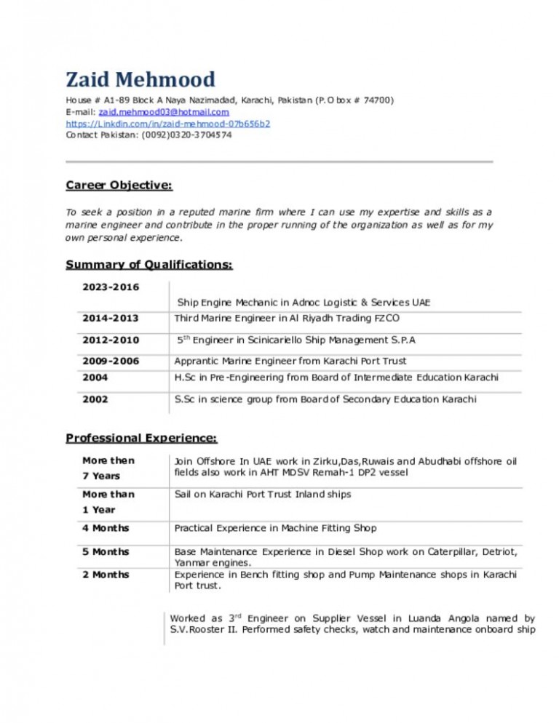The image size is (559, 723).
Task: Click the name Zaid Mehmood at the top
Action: (140, 79)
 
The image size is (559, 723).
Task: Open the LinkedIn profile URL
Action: (167, 124)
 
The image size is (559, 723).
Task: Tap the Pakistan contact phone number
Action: (187, 135)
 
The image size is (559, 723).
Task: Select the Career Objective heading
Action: (119, 185)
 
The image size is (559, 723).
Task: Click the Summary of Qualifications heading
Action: (149, 265)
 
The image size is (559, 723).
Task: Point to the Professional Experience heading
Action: (141, 438)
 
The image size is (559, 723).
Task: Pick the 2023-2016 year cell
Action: (111, 287)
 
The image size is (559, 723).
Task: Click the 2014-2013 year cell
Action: (111, 319)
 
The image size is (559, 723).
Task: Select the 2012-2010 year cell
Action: (111, 340)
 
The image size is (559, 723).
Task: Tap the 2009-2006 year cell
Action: (111, 361)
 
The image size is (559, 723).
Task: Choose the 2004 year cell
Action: (95, 378)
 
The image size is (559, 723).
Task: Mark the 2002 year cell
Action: (95, 399)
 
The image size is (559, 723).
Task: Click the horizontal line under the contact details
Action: (279, 161)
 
